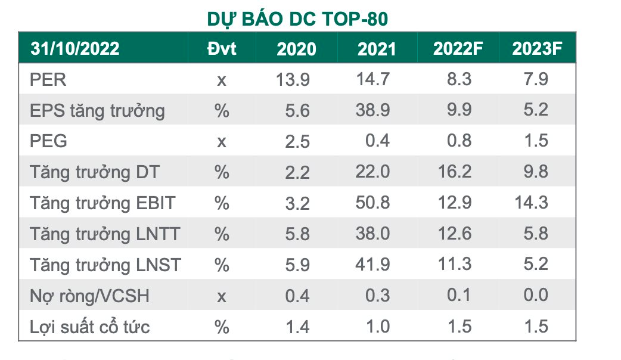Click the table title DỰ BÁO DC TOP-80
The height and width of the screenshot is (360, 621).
coord(297,20)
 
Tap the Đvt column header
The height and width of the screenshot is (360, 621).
coord(222,48)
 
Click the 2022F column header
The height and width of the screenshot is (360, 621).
coord(458,48)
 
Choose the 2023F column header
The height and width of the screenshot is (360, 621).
coord(537,48)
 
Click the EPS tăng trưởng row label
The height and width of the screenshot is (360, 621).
coord(97,110)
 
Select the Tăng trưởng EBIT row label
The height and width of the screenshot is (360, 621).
coord(103,203)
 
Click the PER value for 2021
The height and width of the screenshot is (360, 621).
coord(374,79)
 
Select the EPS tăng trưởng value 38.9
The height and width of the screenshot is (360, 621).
coord(374,110)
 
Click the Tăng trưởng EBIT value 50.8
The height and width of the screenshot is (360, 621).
coord(374,203)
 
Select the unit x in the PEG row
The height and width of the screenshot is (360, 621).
coord(222,141)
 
